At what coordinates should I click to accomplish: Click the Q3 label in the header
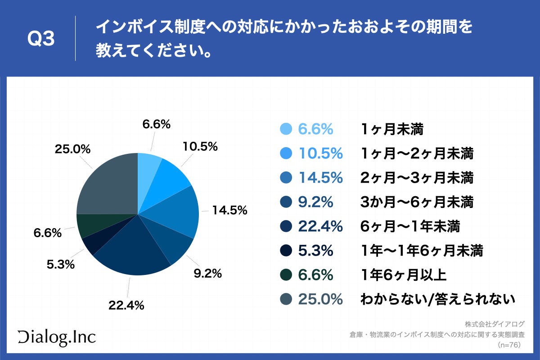[41, 39]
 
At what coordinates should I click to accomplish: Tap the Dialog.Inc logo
[57, 337]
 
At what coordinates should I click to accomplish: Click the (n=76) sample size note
[508, 345]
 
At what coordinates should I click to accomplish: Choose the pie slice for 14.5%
[175, 211]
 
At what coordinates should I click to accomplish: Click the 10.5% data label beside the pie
[200, 146]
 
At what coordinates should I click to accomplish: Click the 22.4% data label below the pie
[126, 306]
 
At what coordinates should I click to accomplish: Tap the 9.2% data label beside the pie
[207, 274]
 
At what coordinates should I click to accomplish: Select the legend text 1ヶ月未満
[392, 129]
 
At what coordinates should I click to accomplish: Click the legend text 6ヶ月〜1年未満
[410, 226]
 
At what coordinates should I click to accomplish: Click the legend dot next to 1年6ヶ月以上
[286, 275]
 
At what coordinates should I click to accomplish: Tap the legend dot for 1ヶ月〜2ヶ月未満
[286, 153]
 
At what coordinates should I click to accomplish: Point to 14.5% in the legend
[320, 178]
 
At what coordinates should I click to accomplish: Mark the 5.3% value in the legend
[315, 251]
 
